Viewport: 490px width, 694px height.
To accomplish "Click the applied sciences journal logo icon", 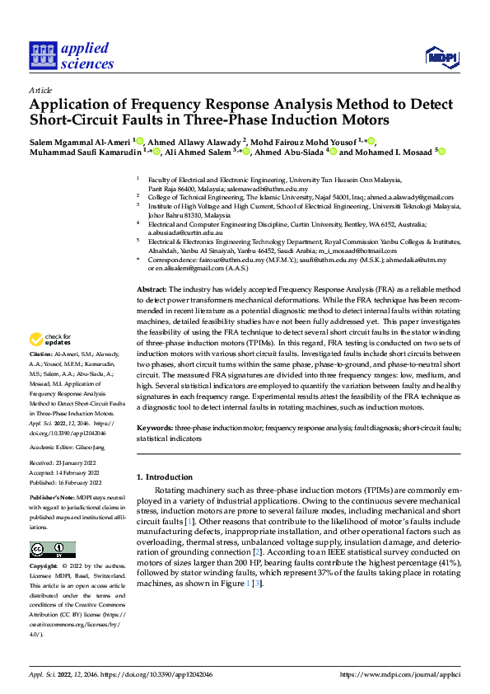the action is pyautogui.click(x=41, y=56).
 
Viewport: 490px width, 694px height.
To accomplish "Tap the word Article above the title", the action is pyautogui.click(x=40, y=90).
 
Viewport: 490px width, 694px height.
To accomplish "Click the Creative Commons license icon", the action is pyautogui.click(x=52, y=549).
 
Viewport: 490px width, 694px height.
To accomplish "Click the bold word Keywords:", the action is pyautogui.click(x=154, y=429).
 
